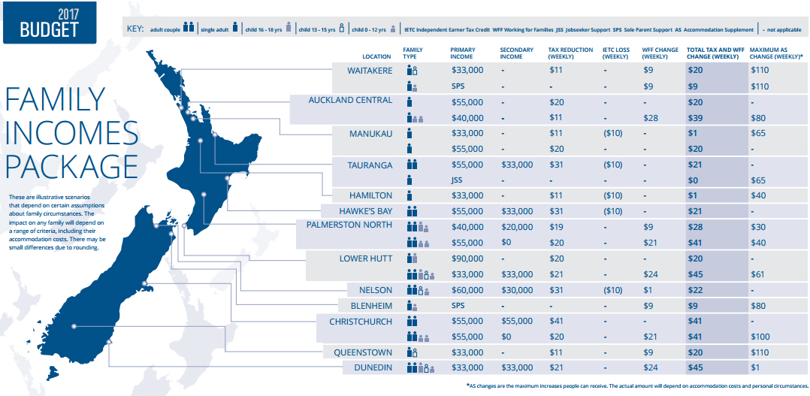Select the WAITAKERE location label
370,70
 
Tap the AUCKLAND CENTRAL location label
350,101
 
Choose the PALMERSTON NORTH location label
349,225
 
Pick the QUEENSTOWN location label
364,352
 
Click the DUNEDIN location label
373,367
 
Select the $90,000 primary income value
467,259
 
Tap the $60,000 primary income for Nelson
467,291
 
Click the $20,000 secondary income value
516,228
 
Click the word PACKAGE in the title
72,165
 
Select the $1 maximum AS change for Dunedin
755,368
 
